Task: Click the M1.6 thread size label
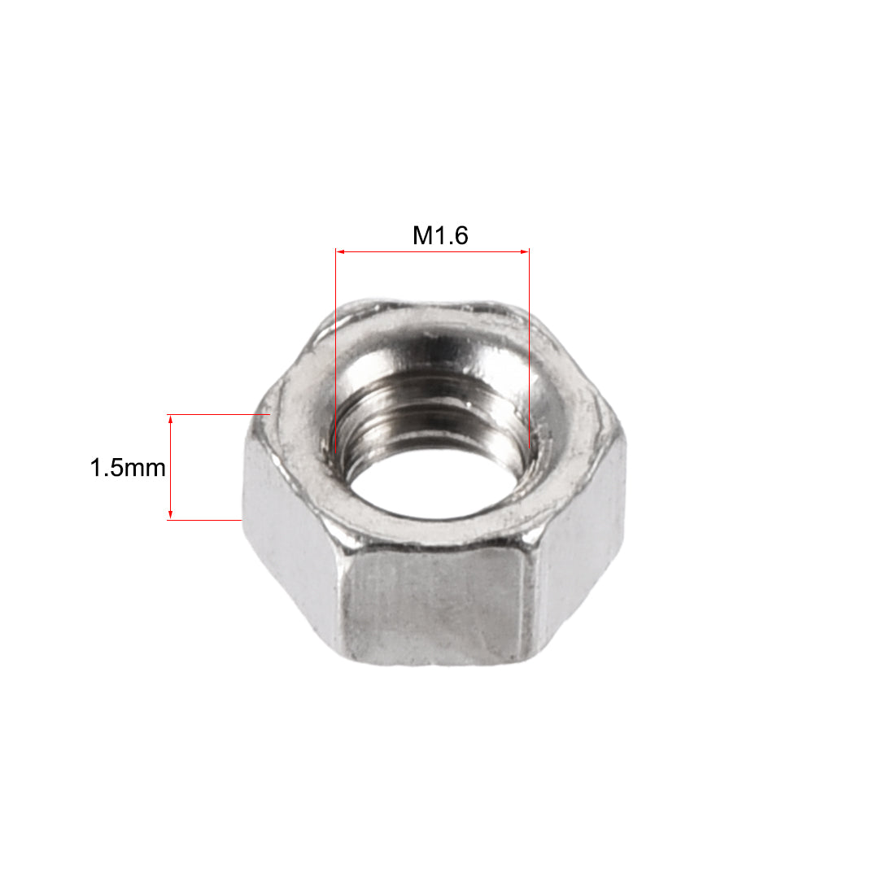[x=440, y=236]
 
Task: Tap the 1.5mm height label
[x=128, y=469]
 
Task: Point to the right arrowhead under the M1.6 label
[x=525, y=253]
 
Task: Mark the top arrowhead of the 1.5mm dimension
[x=170, y=420]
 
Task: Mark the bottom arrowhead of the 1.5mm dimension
[x=170, y=514]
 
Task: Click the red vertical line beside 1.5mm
[x=170, y=467]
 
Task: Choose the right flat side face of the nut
[x=582, y=529]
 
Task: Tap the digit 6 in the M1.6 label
[x=461, y=236]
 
